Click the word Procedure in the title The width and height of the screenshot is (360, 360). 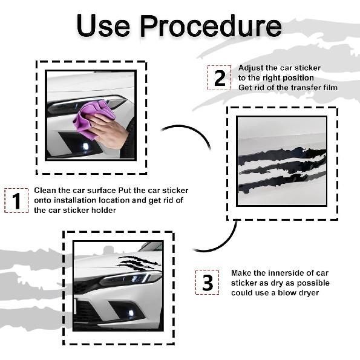click(x=211, y=25)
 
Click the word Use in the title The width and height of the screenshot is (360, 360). click(x=103, y=25)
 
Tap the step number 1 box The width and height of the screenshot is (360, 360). click(x=16, y=201)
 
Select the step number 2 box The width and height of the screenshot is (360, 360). click(x=220, y=77)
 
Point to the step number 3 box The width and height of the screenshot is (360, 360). click(x=207, y=282)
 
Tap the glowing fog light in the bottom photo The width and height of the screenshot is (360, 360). click(x=131, y=313)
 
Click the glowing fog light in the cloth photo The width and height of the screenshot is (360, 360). click(x=85, y=146)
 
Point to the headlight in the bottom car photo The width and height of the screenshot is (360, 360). click(x=129, y=278)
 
